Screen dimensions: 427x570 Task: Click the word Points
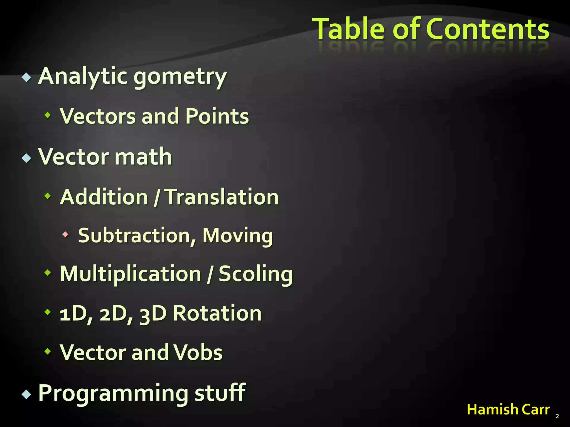(x=217, y=116)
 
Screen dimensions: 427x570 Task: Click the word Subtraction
(x=134, y=236)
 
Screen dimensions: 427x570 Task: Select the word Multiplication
(x=131, y=274)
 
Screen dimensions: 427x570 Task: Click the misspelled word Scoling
(x=255, y=275)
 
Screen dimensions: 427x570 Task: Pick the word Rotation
(x=217, y=313)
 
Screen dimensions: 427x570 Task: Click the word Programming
(x=113, y=393)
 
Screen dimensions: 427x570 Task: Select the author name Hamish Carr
(x=508, y=409)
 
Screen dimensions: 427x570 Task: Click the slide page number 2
(x=557, y=416)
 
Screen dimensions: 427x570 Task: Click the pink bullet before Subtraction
(x=65, y=234)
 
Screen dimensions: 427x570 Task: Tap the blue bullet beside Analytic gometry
(x=26, y=77)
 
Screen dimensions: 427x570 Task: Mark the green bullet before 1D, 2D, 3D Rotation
(x=48, y=312)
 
